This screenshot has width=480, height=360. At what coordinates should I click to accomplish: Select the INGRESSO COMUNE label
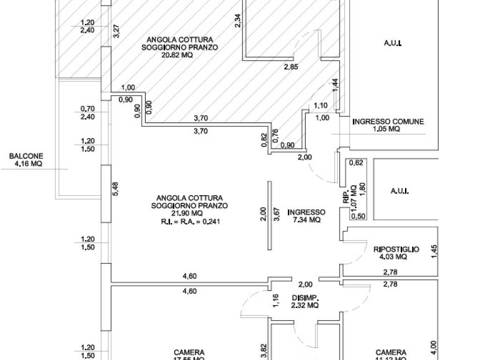click(388, 122)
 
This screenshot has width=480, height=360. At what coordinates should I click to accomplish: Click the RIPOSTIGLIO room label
click(396, 249)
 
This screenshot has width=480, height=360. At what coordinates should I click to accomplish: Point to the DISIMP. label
click(305, 298)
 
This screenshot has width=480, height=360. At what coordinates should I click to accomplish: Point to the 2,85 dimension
click(290, 67)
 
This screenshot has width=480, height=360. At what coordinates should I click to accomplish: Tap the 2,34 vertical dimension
click(238, 21)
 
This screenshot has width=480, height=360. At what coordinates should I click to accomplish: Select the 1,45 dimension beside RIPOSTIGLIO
click(434, 252)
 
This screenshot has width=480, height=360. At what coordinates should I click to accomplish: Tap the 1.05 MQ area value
click(388, 129)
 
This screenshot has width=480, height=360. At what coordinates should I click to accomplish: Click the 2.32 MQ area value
click(305, 305)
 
